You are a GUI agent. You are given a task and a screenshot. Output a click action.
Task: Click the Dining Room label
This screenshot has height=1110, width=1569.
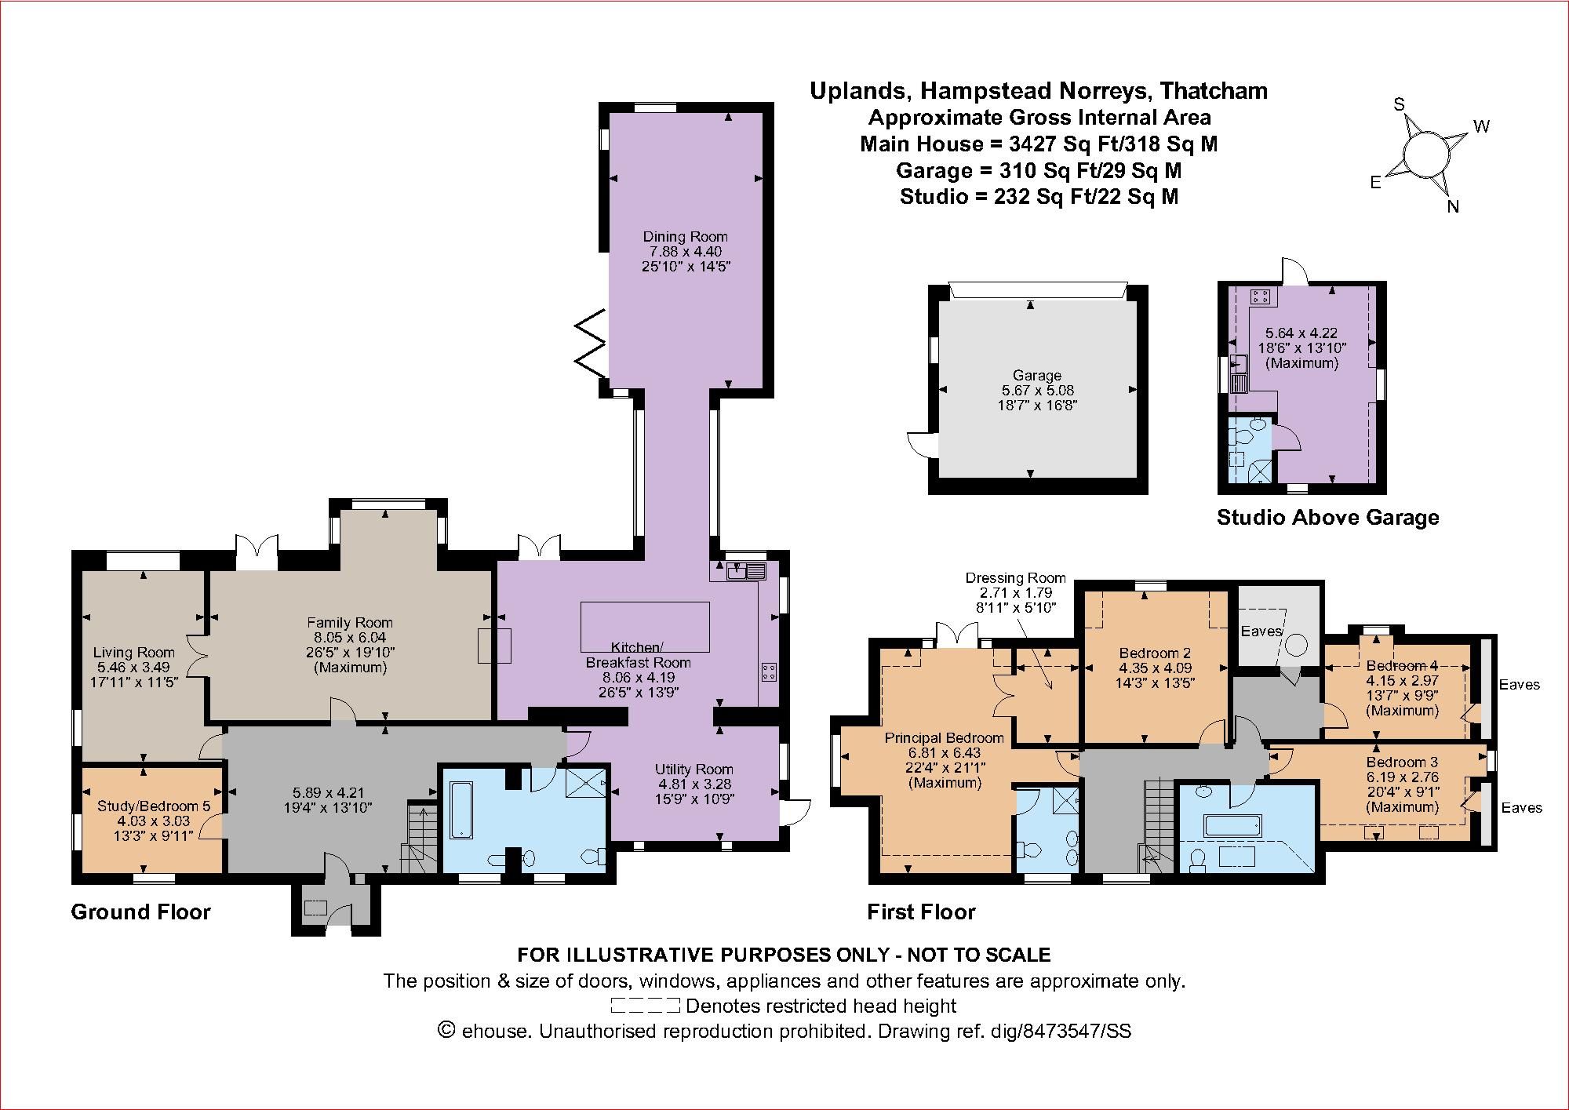pyautogui.click(x=685, y=236)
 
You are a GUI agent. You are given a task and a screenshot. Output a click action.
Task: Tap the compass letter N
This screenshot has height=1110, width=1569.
pyautogui.click(x=1452, y=207)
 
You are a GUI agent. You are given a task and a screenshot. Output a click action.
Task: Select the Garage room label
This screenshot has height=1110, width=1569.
pyautogui.click(x=1036, y=376)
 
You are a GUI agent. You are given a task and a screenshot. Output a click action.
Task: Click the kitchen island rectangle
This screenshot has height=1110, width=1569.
pyautogui.click(x=645, y=626)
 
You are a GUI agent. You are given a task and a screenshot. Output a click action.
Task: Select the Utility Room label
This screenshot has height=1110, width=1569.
pyautogui.click(x=694, y=770)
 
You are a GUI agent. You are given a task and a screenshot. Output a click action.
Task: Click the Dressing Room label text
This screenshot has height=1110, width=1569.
pyautogui.click(x=1016, y=578)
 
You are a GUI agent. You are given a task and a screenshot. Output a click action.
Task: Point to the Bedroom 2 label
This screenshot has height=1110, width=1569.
pyautogui.click(x=1155, y=653)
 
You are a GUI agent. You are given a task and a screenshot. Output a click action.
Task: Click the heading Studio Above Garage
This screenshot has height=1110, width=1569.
pyautogui.click(x=1327, y=518)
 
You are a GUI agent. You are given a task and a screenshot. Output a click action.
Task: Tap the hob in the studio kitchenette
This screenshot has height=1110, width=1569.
pyautogui.click(x=1261, y=296)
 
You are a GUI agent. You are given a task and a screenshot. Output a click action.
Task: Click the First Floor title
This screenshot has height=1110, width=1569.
pyautogui.click(x=921, y=912)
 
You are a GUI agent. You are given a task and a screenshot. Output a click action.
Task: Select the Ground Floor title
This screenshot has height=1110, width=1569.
pyautogui.click(x=140, y=912)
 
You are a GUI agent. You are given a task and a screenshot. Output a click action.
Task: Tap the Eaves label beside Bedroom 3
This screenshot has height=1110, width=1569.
pyautogui.click(x=1521, y=807)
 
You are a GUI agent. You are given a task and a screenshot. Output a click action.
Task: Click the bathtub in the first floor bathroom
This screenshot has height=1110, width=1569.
pyautogui.click(x=1232, y=825)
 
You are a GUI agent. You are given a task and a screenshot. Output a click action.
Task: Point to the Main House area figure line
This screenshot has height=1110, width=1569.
pyautogui.click(x=1039, y=144)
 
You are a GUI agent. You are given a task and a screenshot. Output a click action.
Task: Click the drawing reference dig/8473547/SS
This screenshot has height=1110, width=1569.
pyautogui.click(x=1058, y=1031)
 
